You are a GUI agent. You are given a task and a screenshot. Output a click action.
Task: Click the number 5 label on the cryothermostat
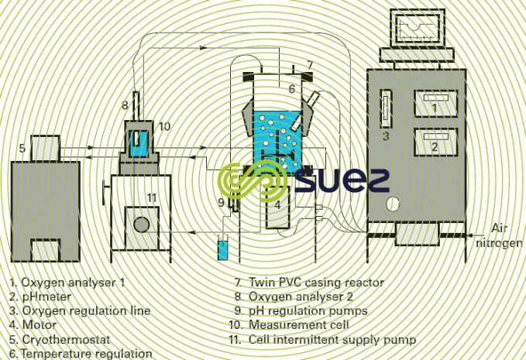click(23, 147)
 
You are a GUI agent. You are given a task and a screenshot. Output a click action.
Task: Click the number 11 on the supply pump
click(152, 198)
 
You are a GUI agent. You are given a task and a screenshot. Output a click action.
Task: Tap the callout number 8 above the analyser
click(125, 105)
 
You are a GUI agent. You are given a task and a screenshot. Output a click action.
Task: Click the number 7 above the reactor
click(309, 64)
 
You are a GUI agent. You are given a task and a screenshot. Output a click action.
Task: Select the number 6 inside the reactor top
click(292, 89)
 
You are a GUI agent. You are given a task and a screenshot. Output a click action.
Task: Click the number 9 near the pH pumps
click(221, 203)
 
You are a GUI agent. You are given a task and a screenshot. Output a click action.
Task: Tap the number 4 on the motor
click(278, 205)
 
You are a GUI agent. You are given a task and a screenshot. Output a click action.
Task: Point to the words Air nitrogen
click(504, 235)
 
